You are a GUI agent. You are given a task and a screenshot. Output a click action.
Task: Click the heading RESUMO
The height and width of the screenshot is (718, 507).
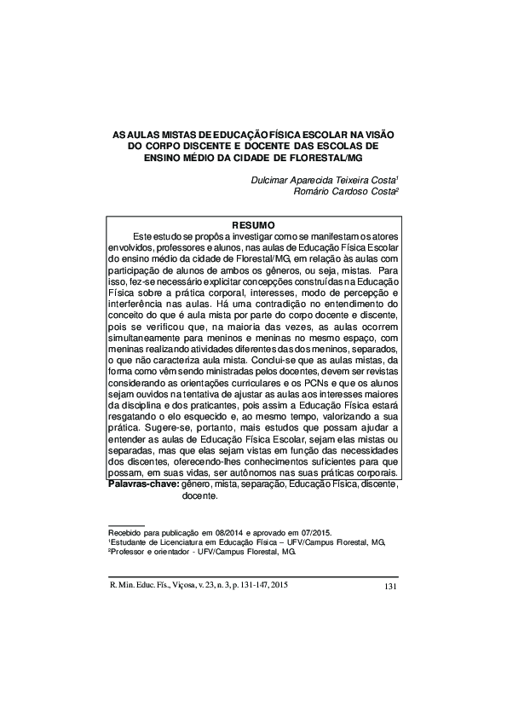coord(253,224)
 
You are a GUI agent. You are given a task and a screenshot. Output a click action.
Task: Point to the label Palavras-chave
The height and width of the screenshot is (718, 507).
coord(143,483)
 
